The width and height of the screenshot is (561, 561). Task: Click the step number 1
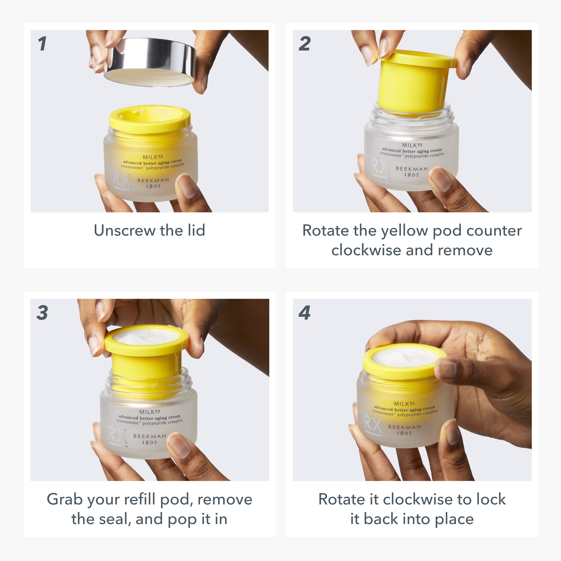pyautogui.click(x=42, y=44)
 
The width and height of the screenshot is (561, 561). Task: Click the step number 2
pyautogui.click(x=305, y=44)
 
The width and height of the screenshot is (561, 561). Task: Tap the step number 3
pyautogui.click(x=42, y=313)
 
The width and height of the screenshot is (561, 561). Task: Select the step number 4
pyautogui.click(x=305, y=313)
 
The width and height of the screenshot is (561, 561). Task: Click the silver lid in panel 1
pyautogui.click(x=150, y=62)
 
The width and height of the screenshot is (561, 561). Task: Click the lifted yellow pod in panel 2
pyautogui.click(x=412, y=84)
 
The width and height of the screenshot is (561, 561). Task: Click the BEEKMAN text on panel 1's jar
pyautogui.click(x=153, y=180)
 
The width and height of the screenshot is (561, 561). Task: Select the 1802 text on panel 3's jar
pyautogui.click(x=150, y=442)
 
